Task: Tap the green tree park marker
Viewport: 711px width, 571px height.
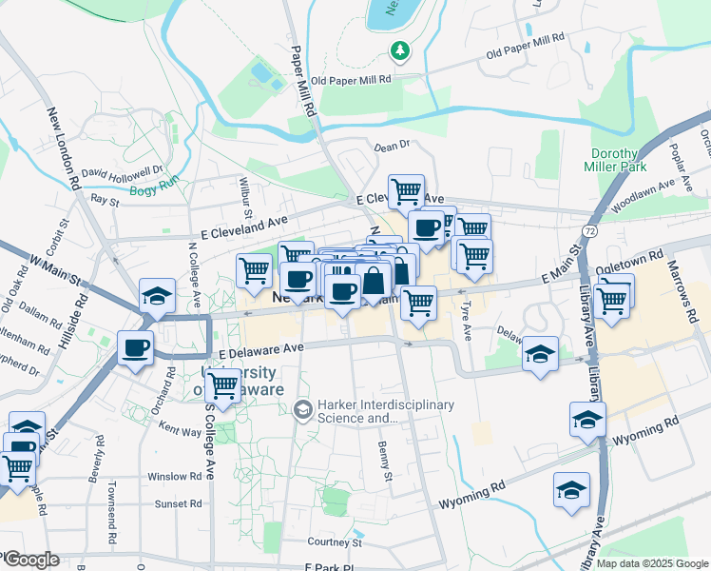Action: [x=401, y=49]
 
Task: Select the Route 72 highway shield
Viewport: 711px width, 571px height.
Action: [x=590, y=231]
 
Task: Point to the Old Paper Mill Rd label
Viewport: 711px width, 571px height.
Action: [x=351, y=81]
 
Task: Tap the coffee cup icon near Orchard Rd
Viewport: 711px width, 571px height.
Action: [x=135, y=347]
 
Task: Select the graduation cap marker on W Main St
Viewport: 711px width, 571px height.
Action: [x=157, y=296]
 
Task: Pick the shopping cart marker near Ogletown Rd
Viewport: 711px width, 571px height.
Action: [x=614, y=298]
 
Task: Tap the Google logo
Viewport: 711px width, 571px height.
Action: [x=30, y=560]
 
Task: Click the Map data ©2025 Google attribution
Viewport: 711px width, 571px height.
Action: [x=650, y=563]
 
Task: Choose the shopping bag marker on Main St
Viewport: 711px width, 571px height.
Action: [x=375, y=281]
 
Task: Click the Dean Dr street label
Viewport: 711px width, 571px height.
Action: [x=391, y=147]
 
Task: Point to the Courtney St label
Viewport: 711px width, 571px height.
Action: [x=335, y=542]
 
